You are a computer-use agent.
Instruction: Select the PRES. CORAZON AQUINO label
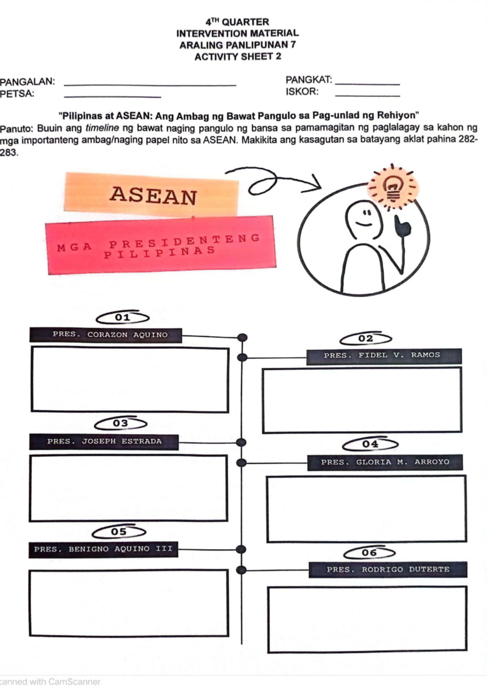pyautogui.click(x=106, y=335)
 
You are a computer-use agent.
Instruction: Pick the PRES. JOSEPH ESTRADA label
pyautogui.click(x=104, y=441)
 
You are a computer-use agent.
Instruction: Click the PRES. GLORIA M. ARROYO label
pyautogui.click(x=385, y=462)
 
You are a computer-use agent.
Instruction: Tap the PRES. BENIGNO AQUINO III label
pyautogui.click(x=103, y=549)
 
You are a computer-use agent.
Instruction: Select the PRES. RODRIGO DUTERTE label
pyautogui.click(x=388, y=569)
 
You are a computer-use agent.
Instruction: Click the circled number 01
pyautogui.click(x=123, y=317)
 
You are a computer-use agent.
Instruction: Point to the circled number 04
pyautogui.click(x=370, y=444)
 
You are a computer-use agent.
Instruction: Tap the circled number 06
pyautogui.click(x=369, y=553)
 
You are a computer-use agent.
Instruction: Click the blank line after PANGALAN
pyautogui.click(x=150, y=84)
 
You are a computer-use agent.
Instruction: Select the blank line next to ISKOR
pyautogui.click(x=367, y=95)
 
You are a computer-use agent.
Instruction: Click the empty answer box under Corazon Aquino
pyautogui.click(x=130, y=380)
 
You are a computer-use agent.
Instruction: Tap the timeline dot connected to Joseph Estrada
pyautogui.click(x=241, y=442)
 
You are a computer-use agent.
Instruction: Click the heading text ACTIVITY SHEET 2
pyautogui.click(x=237, y=57)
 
